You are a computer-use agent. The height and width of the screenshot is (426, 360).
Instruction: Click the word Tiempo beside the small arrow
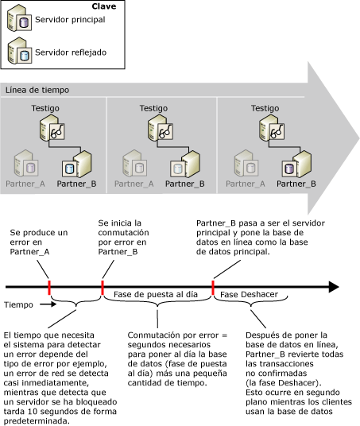click(20, 304)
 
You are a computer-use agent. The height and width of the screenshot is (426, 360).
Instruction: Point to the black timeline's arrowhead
click(333, 286)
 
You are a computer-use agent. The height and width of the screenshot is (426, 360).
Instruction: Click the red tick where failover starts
click(102, 286)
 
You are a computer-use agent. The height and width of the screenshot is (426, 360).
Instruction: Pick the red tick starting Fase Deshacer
click(213, 286)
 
